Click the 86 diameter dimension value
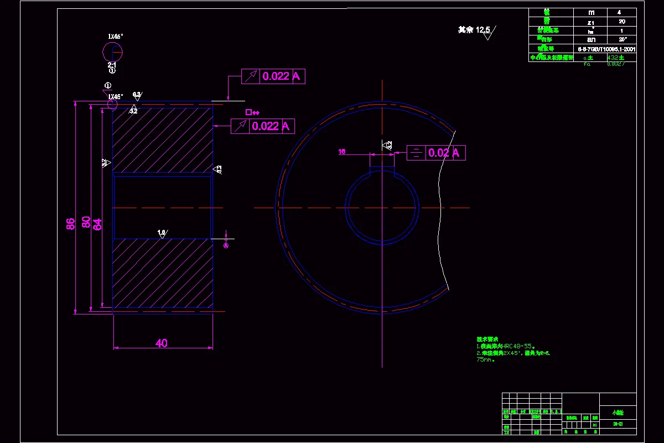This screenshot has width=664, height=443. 70,224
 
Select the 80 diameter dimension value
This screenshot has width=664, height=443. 86,221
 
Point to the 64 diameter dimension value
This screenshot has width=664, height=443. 97,224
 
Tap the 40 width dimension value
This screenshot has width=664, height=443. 161,343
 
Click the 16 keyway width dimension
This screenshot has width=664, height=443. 342,151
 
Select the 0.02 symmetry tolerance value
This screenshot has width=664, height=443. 438,153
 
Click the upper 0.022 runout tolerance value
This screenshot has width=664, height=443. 276,76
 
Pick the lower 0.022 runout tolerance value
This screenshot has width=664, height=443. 265,126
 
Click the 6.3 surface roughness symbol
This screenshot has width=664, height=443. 137,95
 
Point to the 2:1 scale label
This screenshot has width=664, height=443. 112,65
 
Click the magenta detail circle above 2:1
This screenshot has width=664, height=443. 113,51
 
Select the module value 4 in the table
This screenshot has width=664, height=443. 622,12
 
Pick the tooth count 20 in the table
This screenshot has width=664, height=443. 622,22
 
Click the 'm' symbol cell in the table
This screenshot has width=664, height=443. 592,12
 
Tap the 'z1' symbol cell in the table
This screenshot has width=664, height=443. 592,22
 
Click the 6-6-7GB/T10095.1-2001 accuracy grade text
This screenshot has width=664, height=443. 606,49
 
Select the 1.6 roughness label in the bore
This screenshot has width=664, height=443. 162,233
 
